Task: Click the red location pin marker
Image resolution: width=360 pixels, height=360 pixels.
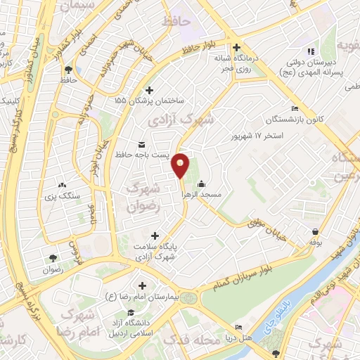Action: (x=181, y=165)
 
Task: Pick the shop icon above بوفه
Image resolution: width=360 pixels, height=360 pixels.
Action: (x=316, y=231)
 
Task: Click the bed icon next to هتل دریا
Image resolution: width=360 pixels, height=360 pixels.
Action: (x=239, y=328)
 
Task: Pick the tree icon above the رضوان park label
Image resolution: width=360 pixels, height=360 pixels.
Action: (x=53, y=257)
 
